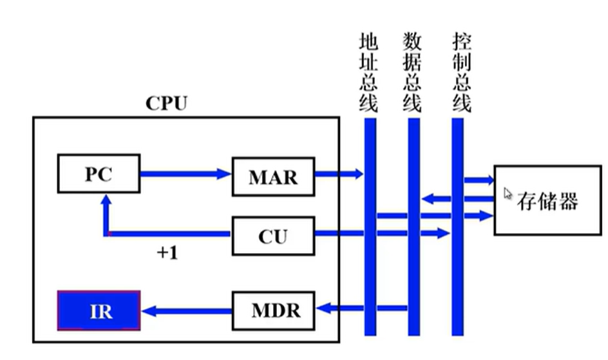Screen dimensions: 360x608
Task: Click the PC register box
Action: [x=98, y=174]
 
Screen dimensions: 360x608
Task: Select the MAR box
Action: [x=272, y=176]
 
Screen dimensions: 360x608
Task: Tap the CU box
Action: [x=272, y=237]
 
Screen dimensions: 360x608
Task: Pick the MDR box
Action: [x=272, y=310]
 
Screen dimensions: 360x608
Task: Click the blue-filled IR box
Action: [x=98, y=311]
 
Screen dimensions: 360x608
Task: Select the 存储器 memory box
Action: [x=547, y=200]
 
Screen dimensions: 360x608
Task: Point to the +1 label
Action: [x=167, y=253]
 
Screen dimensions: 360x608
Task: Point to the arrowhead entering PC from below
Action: [x=106, y=200]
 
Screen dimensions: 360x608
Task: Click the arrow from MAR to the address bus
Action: [x=339, y=174]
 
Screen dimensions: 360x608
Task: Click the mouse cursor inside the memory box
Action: [x=509, y=194]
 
